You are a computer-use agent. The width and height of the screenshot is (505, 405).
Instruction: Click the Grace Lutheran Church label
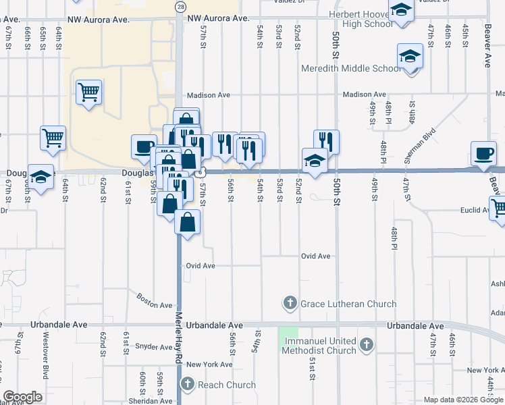pos(348,304)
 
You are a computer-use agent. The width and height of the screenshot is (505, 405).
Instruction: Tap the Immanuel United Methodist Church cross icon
pos(367,346)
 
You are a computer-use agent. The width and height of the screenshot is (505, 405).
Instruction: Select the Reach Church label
pos(227,385)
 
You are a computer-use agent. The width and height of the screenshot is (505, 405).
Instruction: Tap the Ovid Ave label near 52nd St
pos(316,256)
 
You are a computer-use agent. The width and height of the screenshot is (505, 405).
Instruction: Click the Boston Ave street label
pos(155,300)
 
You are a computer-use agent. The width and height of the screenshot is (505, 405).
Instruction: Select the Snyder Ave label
pos(155,347)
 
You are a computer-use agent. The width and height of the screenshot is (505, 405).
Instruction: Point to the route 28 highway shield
pos(180,6)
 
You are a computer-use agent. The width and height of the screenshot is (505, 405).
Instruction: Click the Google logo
pos(23,397)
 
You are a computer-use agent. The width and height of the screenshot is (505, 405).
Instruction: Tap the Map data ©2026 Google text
pos(463,400)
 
